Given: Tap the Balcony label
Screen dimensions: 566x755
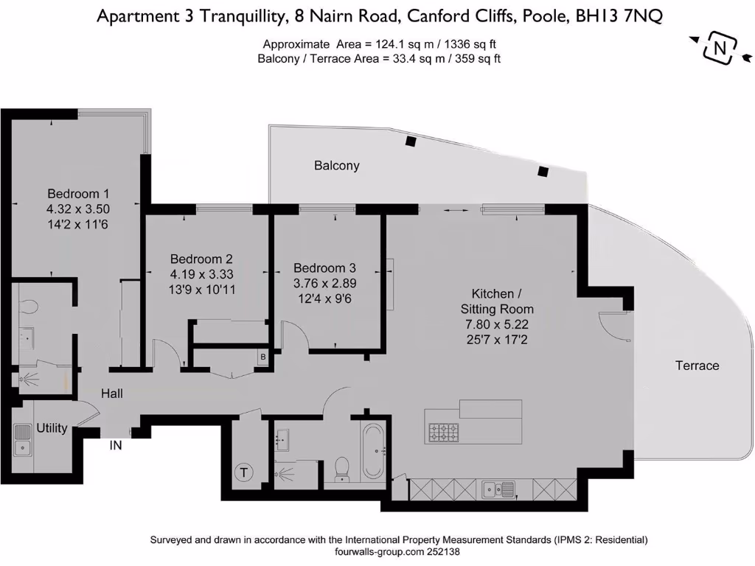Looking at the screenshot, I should pos(336,166).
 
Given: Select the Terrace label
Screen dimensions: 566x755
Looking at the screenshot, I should pos(697,366).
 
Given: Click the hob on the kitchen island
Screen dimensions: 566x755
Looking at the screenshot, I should pos(442,432).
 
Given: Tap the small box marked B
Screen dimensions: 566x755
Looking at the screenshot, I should pos(262,357).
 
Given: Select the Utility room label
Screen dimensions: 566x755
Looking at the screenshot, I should pos(52,428).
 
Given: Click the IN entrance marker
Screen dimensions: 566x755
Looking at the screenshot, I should pos(116,445).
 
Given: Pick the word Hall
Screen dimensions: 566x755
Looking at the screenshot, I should pos(112,394).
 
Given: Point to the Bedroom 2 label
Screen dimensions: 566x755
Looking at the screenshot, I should pos(201,259).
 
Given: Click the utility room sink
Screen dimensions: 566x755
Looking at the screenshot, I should pos(24,439).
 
